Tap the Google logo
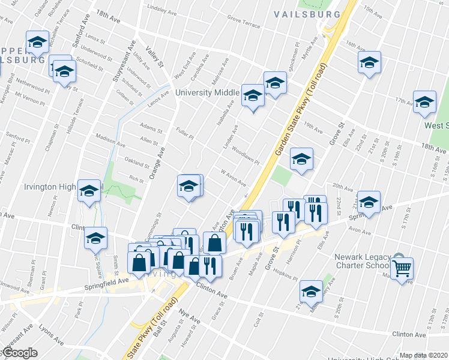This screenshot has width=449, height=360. click(20, 353)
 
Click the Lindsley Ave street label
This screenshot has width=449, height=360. click(164, 9)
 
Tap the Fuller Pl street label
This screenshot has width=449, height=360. click(184, 133)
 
